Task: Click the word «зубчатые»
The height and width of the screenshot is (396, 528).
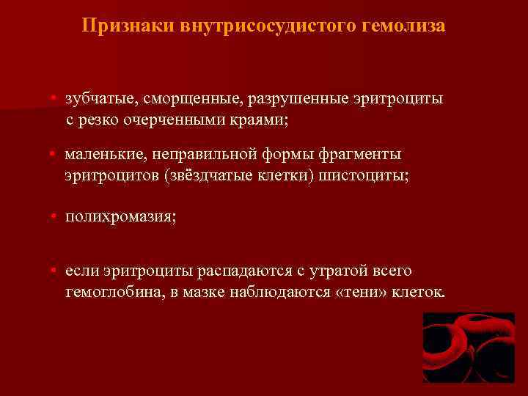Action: coord(98,99)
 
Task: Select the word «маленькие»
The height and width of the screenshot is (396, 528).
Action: coord(103,155)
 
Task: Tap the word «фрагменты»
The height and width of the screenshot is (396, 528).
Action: coord(360,155)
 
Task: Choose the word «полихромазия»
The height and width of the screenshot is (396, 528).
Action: coord(120,218)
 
